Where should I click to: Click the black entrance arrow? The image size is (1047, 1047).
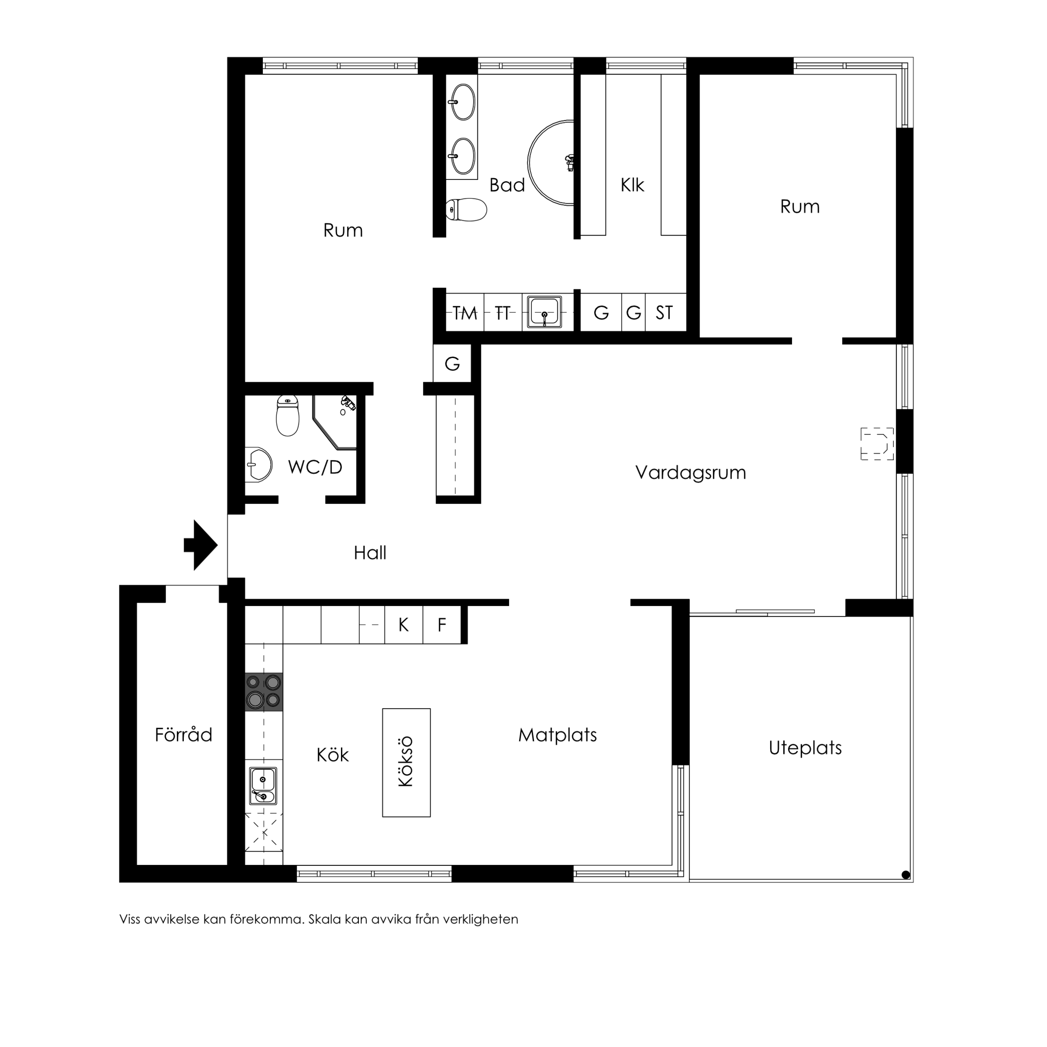[201, 545]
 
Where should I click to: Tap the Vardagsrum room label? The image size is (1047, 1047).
[690, 473]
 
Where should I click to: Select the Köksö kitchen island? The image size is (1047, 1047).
[406, 763]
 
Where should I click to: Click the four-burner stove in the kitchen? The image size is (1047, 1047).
[263, 692]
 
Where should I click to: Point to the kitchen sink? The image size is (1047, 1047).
[263, 786]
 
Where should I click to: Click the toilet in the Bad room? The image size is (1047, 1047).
[466, 210]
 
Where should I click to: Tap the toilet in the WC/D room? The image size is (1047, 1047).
[288, 416]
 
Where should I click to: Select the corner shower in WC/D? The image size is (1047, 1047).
[334, 422]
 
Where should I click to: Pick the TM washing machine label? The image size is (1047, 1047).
[465, 313]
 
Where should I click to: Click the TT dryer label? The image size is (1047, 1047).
[503, 313]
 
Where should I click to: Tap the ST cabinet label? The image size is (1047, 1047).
[664, 313]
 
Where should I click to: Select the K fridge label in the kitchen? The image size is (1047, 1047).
[403, 625]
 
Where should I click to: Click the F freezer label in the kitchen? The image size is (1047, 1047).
[442, 625]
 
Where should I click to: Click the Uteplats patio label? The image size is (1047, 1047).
[805, 748]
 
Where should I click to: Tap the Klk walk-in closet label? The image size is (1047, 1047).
[632, 185]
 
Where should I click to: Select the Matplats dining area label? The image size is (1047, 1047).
[558, 735]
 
